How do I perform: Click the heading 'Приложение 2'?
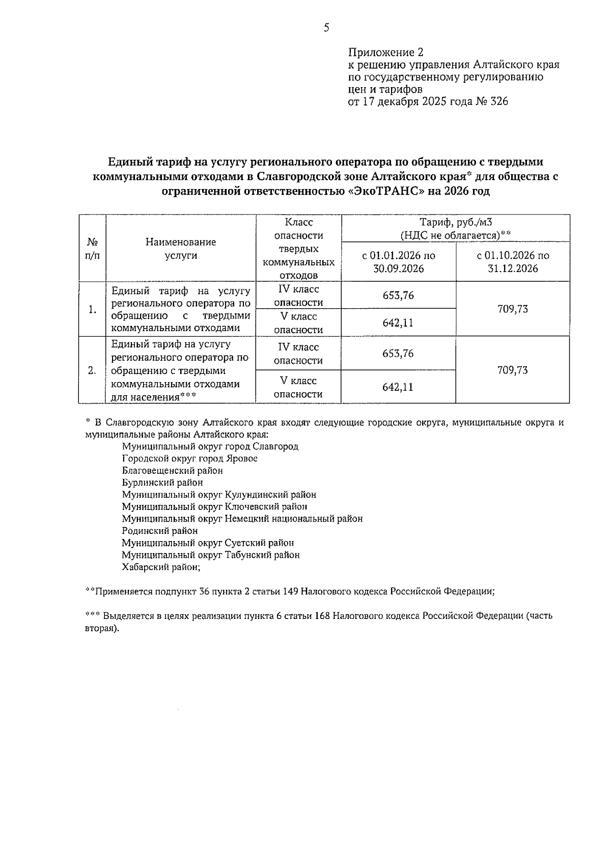[385, 52]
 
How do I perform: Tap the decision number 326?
[498, 101]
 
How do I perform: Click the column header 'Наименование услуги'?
[181, 249]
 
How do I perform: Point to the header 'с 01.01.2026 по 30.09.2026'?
[398, 262]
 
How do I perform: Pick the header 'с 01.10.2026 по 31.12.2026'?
[512, 262]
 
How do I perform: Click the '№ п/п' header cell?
[92, 249]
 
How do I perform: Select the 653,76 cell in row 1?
[398, 295]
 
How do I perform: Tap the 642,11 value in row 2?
[398, 387]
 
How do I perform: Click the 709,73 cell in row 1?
[512, 309]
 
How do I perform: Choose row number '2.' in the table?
[92, 370]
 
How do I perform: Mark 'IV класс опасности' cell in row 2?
[298, 354]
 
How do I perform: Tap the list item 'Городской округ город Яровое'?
[189, 458]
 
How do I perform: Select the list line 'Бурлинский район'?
[162, 482]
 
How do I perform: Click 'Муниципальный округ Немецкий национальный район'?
[242, 519]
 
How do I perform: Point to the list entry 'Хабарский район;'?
[161, 567]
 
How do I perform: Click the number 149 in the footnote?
[291, 591]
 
